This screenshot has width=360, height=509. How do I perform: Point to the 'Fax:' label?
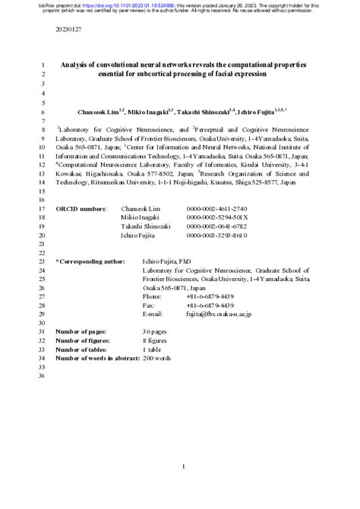(150, 306)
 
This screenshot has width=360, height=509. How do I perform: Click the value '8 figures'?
(160, 341)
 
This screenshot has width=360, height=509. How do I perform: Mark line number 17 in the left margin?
(43, 207)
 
